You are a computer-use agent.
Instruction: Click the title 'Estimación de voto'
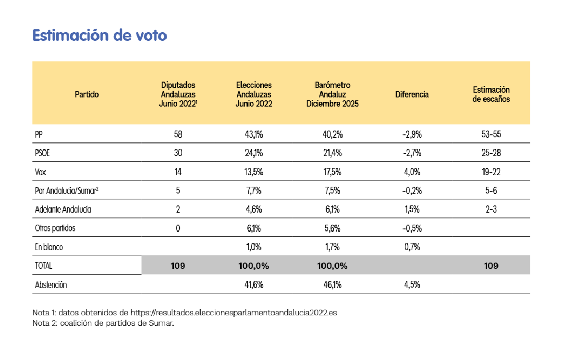pos(99,36)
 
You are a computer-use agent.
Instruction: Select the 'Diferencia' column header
pos(412,95)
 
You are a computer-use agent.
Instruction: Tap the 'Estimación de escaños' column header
pos(491,95)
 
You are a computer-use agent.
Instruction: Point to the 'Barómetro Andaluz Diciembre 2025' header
pos(332,95)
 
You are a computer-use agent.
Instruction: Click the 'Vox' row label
pos(41,172)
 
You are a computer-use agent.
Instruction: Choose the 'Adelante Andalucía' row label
pos(63,209)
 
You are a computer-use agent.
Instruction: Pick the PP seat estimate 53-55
pos(491,135)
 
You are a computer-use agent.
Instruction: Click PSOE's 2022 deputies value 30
pos(178,154)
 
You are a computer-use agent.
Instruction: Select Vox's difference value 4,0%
pos(412,172)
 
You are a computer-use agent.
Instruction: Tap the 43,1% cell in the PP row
pos(254,135)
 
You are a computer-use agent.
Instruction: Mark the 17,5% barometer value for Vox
pos(332,172)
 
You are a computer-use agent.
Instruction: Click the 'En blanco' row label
pos(49,247)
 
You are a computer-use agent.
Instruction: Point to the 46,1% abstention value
pos(332,285)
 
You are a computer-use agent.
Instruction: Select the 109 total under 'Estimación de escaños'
pos(491,265)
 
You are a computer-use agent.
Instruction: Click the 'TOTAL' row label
pos(43,265)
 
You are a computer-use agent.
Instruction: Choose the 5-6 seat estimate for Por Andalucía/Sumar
pos(491,191)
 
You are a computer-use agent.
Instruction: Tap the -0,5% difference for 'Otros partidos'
pos(412,228)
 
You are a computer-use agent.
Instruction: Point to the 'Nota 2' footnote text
pos(103,324)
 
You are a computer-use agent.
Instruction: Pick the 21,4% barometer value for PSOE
pos(332,154)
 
